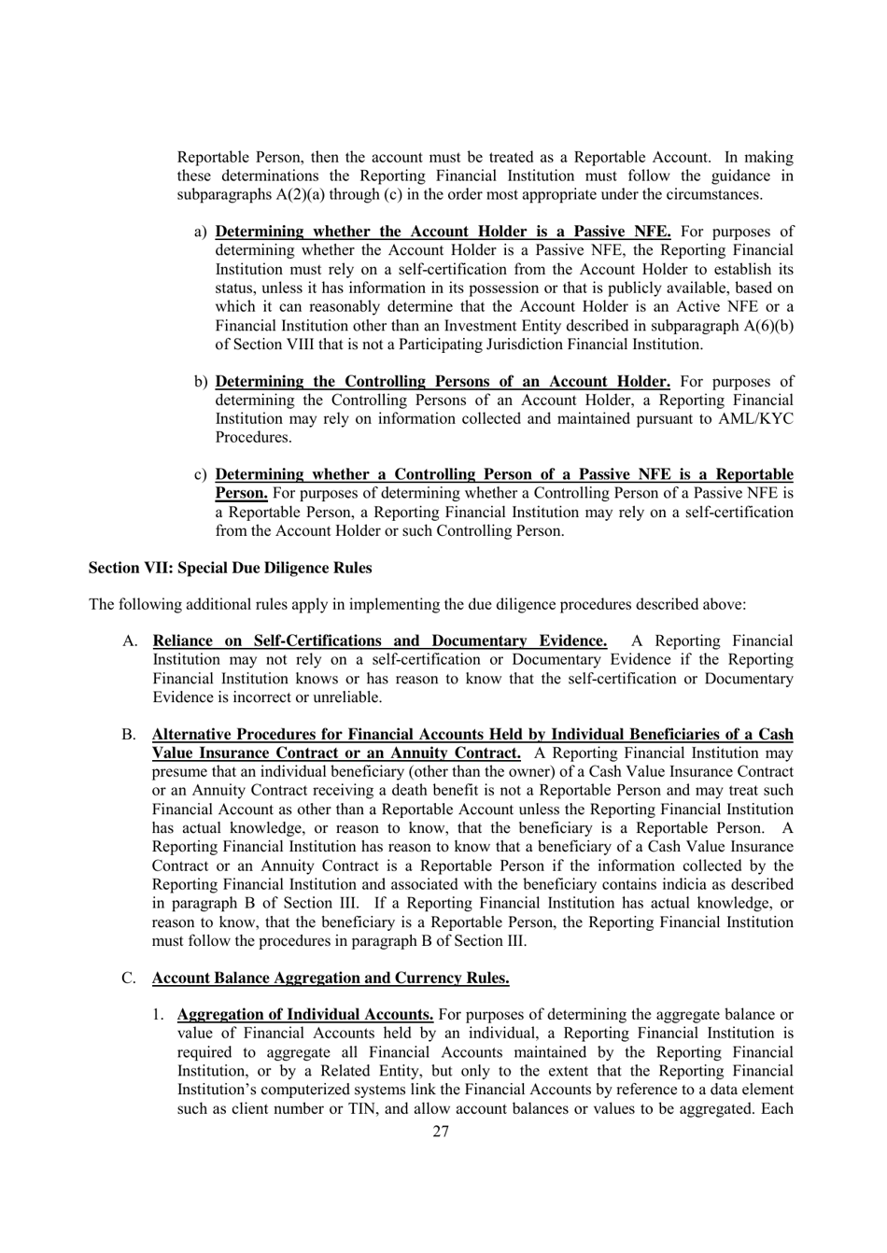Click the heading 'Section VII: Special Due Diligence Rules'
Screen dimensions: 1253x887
[x=230, y=568]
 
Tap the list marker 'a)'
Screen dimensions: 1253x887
[x=200, y=232]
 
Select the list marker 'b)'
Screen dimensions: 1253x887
[x=200, y=382]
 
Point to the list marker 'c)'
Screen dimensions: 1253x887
[x=200, y=475]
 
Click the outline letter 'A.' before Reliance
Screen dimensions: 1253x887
[x=130, y=641]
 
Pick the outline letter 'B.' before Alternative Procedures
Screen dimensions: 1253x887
[x=130, y=735]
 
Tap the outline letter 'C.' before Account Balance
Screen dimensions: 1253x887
[x=130, y=978]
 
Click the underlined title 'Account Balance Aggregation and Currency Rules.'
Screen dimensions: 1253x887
[x=331, y=978]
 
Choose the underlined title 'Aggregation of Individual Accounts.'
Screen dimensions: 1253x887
[x=304, y=1015]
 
